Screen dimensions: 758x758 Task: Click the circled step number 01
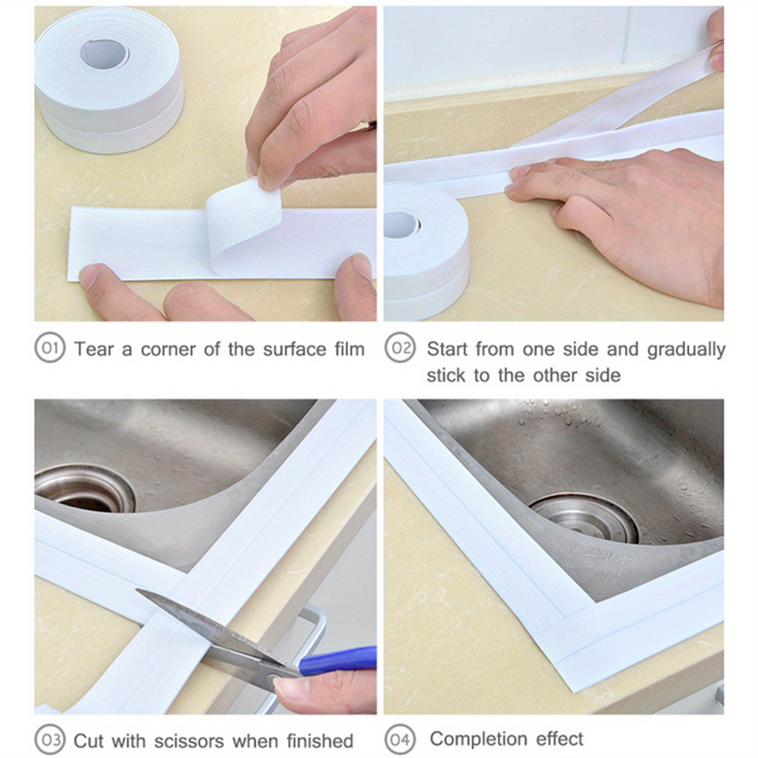50,348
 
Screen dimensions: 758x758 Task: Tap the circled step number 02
400,348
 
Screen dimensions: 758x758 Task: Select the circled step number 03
50,740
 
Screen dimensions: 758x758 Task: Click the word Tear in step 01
94,350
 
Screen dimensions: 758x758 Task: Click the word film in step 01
350,350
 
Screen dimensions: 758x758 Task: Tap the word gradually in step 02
686,350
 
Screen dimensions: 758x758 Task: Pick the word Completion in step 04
478,739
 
